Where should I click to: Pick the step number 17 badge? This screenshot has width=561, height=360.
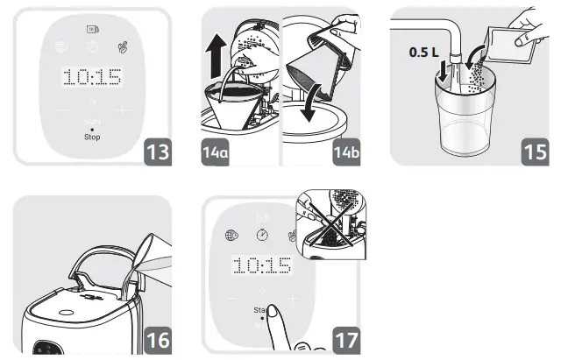tap(349, 336)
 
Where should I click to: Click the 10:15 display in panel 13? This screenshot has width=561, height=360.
tap(91, 77)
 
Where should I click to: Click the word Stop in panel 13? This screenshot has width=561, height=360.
tap(92, 138)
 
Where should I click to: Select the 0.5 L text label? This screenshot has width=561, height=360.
tap(425, 53)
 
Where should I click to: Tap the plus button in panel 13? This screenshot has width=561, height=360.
tap(122, 111)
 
